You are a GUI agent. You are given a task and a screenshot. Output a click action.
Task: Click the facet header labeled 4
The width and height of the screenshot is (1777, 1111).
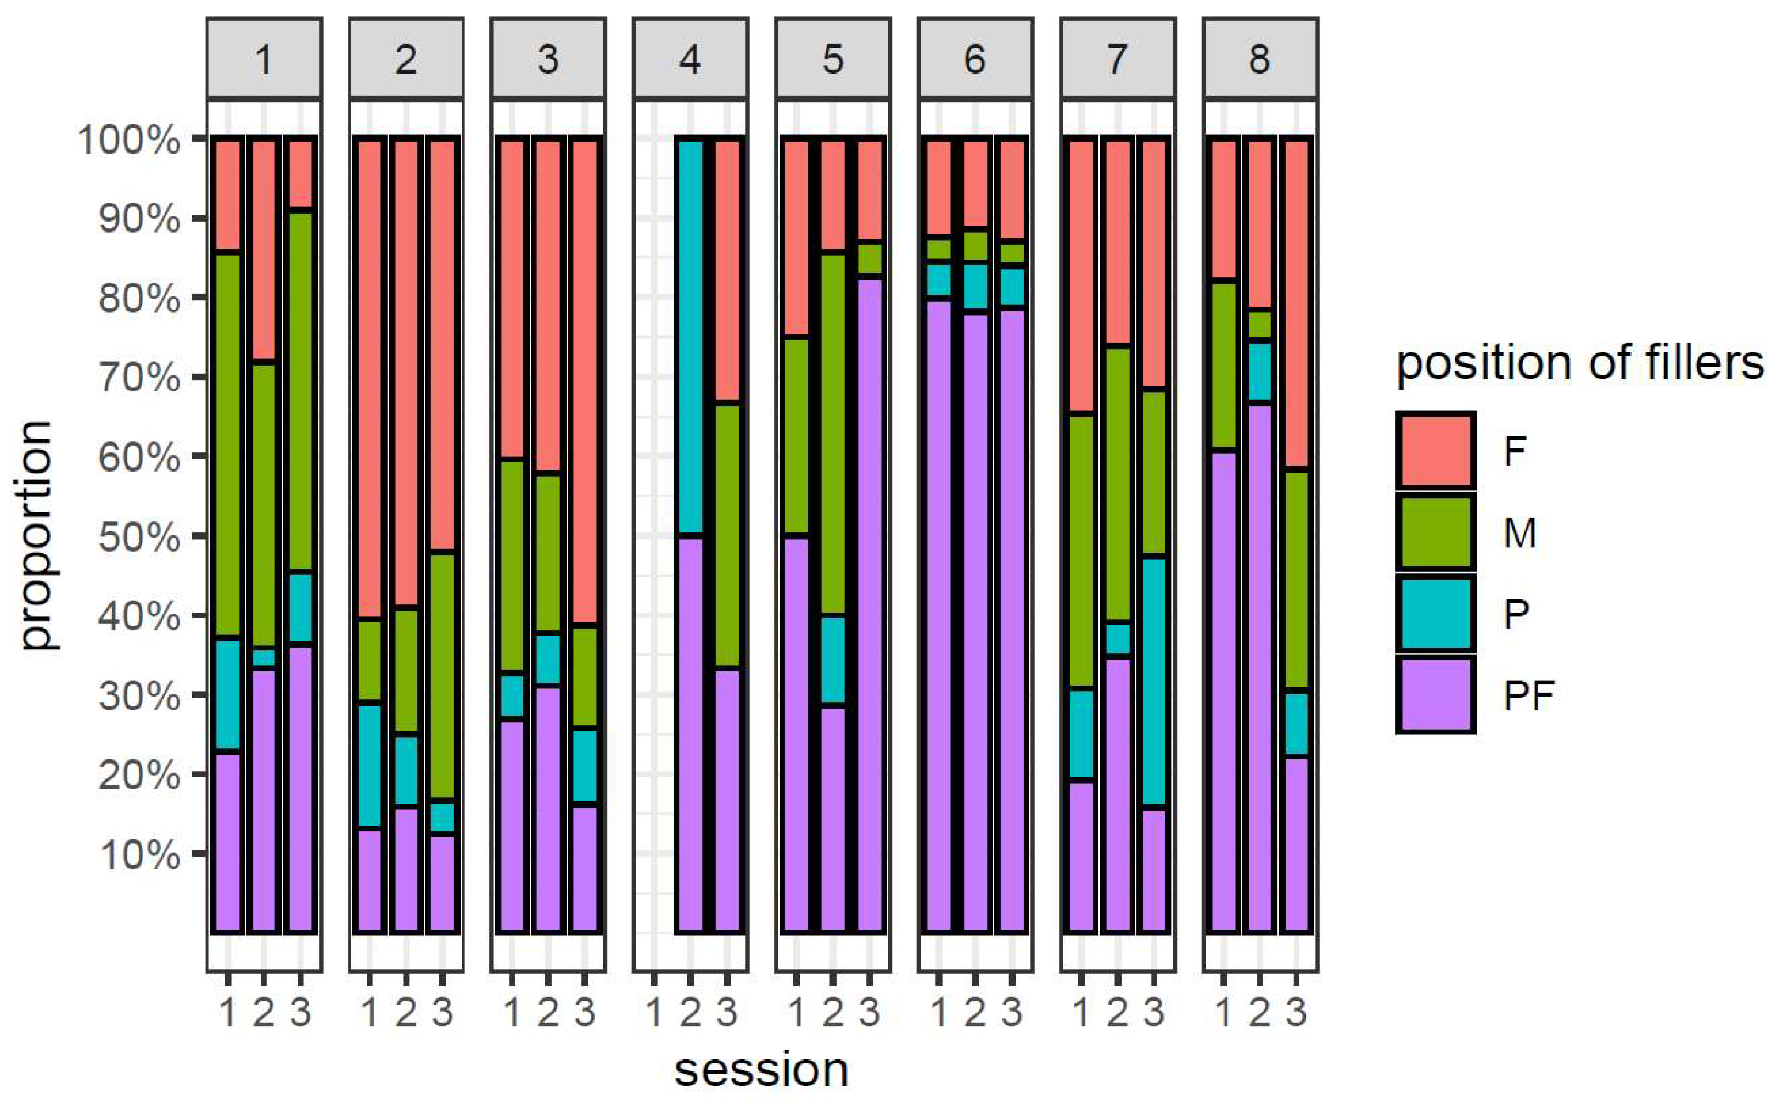(x=690, y=59)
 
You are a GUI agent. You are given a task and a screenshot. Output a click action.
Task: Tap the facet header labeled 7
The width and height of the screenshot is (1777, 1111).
(x=1117, y=59)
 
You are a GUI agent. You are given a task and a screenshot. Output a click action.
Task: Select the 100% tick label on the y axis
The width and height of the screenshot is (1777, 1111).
(x=128, y=139)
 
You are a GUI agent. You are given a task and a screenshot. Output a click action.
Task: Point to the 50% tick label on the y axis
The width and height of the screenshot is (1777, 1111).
(x=139, y=537)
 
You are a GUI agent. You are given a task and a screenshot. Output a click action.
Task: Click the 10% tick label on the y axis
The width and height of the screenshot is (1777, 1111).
(x=139, y=855)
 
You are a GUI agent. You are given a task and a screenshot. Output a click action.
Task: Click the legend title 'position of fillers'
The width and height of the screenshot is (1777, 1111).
(x=1579, y=363)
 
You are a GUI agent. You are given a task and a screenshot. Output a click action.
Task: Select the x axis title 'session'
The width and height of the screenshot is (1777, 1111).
(x=761, y=1070)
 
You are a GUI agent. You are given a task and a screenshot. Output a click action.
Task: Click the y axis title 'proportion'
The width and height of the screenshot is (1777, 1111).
(x=37, y=536)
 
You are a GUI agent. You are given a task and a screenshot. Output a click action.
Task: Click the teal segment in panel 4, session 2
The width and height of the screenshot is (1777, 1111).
(x=690, y=338)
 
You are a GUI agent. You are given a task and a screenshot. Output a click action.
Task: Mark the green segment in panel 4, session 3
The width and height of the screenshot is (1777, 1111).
(x=727, y=536)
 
